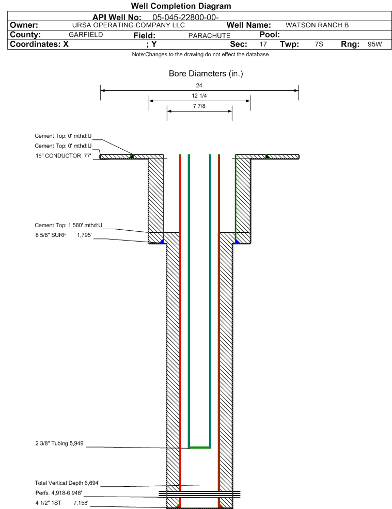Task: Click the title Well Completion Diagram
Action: pyautogui.click(x=181, y=6)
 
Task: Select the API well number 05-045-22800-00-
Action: pyautogui.click(x=185, y=18)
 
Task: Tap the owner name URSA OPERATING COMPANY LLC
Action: pyautogui.click(x=128, y=25)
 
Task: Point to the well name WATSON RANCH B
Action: pyautogui.click(x=317, y=25)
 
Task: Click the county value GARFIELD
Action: pyautogui.click(x=86, y=35)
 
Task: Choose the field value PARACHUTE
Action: pyautogui.click(x=210, y=36)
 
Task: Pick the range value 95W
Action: pyautogui.click(x=375, y=44)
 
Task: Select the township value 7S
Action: pyautogui.click(x=319, y=44)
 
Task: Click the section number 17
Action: pyautogui.click(x=263, y=44)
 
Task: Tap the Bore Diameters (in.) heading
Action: pyautogui.click(x=206, y=74)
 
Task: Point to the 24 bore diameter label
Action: pyautogui.click(x=199, y=85)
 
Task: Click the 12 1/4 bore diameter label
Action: pyautogui.click(x=199, y=96)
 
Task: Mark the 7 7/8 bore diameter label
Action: pyautogui.click(x=199, y=106)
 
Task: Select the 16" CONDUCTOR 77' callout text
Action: pyautogui.click(x=64, y=156)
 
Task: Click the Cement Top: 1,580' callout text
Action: pyautogui.click(x=68, y=225)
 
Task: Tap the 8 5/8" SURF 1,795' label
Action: pyautogui.click(x=64, y=235)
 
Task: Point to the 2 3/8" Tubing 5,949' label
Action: pyautogui.click(x=60, y=443)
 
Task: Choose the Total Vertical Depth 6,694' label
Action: pyautogui.click(x=67, y=483)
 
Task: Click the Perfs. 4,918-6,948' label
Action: pyautogui.click(x=59, y=493)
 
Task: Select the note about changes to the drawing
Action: pyautogui.click(x=200, y=55)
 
